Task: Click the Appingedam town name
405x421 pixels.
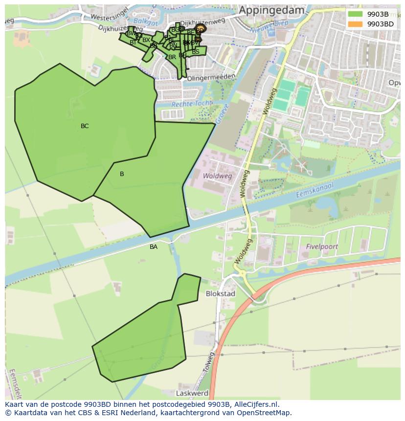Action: (271, 10)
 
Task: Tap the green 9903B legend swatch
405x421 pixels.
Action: (356, 14)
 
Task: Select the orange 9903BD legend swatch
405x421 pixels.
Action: (356, 24)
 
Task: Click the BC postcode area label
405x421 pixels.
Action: (85, 126)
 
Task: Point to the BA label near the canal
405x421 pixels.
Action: (154, 247)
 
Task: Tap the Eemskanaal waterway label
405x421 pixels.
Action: (315, 191)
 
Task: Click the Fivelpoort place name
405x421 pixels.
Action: (322, 247)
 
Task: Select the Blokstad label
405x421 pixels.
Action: (221, 294)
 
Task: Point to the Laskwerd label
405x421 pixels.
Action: (192, 393)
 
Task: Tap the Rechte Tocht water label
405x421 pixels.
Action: (192, 104)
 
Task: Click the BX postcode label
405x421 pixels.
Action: (146, 40)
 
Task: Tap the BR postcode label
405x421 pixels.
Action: (172, 57)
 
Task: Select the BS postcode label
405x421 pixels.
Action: (196, 51)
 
